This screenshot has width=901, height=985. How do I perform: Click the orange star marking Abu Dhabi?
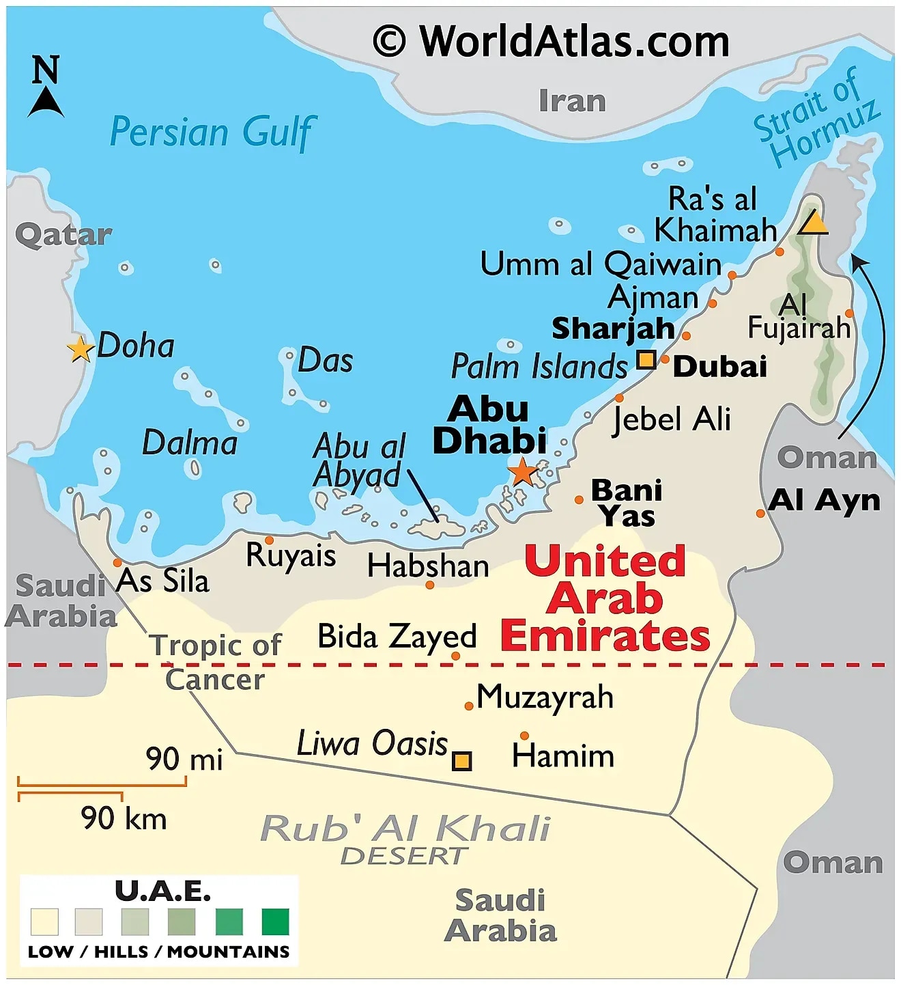[523, 471]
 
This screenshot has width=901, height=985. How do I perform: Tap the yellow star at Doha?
[81, 349]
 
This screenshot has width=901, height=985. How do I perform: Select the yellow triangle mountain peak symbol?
[813, 223]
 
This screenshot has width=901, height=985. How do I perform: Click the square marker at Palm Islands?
[646, 359]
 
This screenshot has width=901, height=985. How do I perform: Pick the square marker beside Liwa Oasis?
[462, 760]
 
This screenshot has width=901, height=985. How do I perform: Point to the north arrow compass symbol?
[46, 87]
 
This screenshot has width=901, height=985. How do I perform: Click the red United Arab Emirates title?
[605, 598]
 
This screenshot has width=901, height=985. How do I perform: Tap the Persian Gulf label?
[213, 132]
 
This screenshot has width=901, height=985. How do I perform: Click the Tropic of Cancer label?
[216, 661]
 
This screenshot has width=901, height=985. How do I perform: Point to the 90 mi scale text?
[184, 759]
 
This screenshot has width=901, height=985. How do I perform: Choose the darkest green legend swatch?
[275, 921]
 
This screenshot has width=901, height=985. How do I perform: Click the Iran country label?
[572, 101]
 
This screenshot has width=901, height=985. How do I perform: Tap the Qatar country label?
[63, 235]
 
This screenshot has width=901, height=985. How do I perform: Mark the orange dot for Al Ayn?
[760, 513]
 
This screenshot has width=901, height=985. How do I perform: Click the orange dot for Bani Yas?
[579, 500]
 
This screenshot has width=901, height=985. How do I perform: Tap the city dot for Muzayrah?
[469, 706]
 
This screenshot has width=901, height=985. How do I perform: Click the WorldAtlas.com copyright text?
[551, 41]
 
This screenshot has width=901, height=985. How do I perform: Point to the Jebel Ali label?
[672, 419]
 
